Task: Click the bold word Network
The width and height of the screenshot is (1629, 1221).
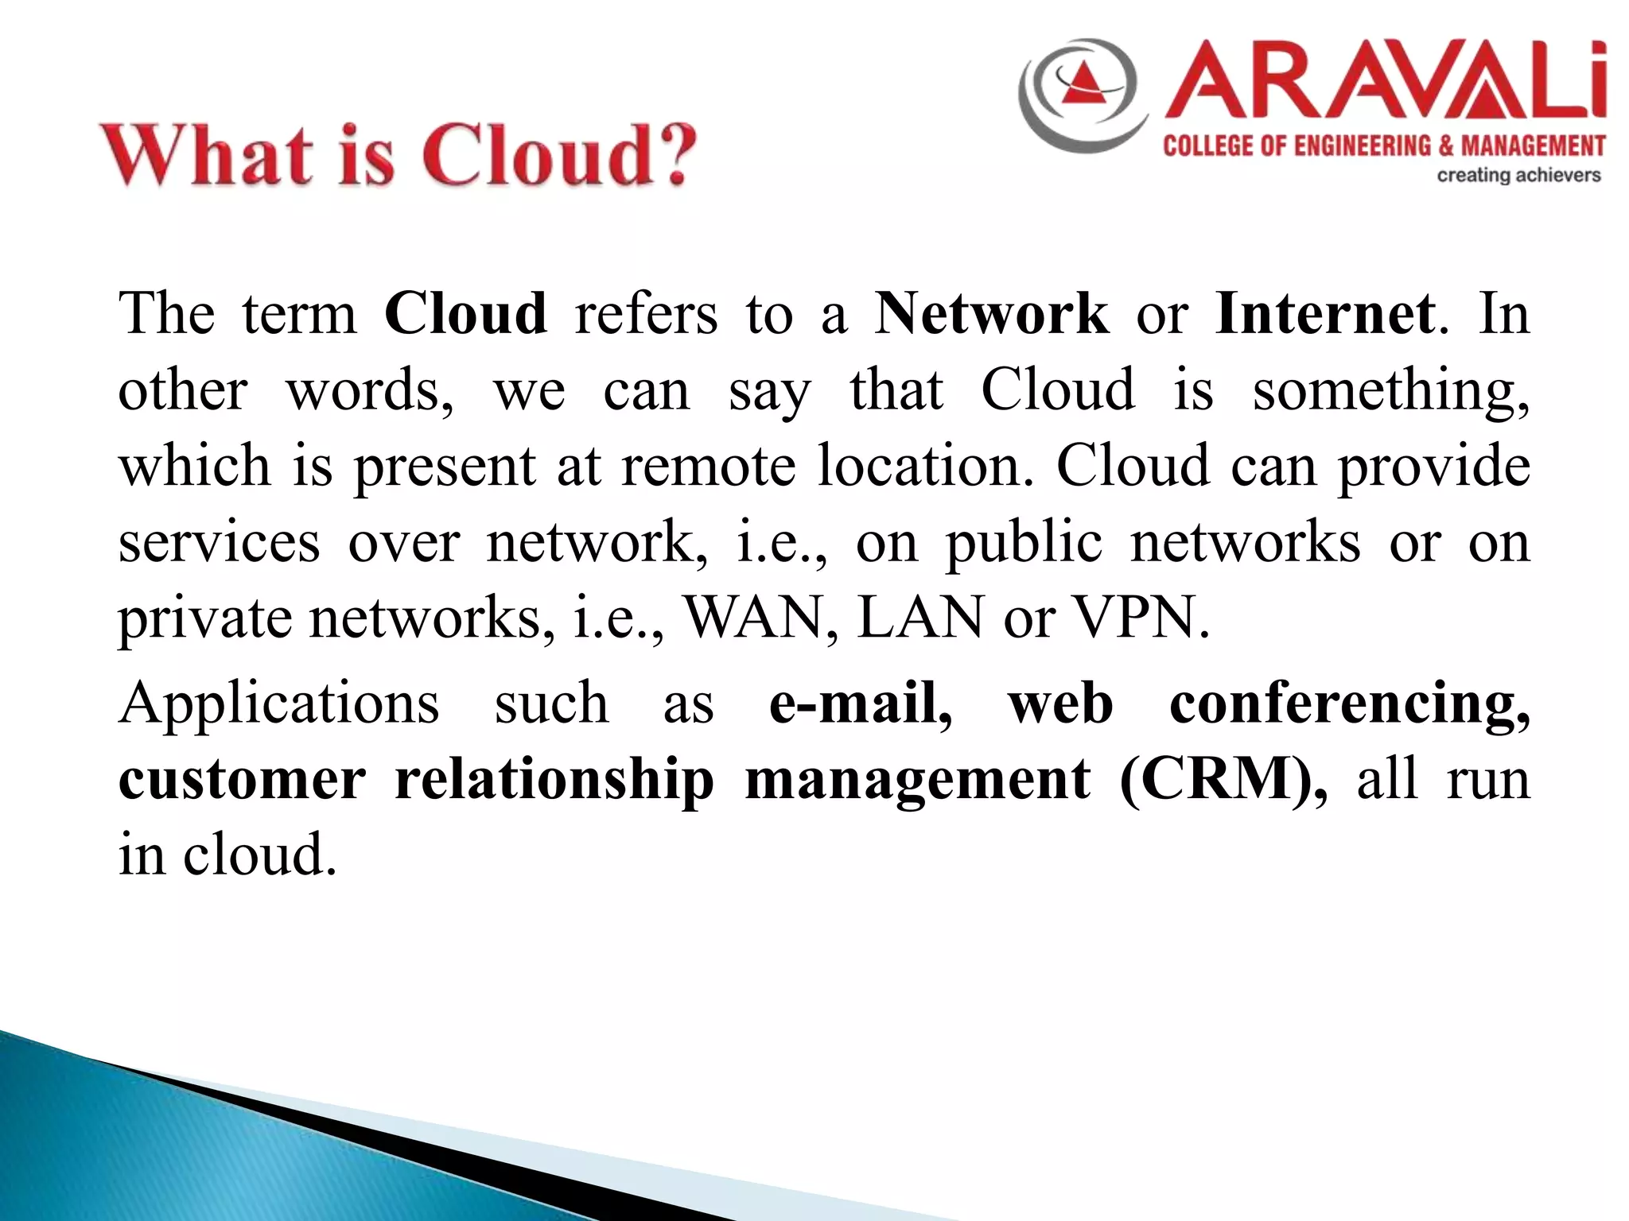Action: pos(991,314)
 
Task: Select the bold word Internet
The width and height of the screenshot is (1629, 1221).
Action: pos(1325,314)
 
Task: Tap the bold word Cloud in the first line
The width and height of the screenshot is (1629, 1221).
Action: pos(465,314)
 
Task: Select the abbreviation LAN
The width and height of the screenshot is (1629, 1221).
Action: pos(920,618)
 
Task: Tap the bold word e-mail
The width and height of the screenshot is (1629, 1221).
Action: pos(860,704)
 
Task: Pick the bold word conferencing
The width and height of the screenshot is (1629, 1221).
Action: pos(1349,705)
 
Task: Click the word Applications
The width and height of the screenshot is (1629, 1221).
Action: pos(278,705)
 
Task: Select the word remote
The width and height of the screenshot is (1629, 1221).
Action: pos(708,467)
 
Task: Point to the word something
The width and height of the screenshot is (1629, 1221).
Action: pos(1390,392)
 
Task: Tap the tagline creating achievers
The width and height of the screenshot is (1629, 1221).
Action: pos(1518,175)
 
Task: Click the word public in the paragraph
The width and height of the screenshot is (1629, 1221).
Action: pos(1024,544)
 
